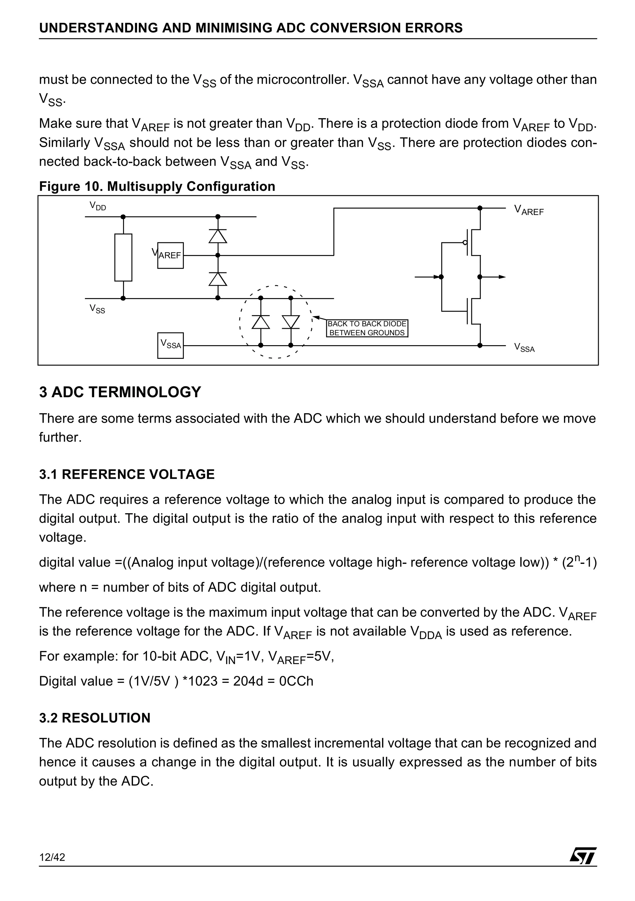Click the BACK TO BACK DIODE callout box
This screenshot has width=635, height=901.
(367, 328)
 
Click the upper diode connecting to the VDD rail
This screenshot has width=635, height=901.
(218, 236)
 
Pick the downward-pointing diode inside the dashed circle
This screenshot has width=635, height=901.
(291, 322)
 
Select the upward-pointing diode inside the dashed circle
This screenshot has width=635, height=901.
(260, 322)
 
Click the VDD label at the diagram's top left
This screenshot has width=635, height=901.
(97, 206)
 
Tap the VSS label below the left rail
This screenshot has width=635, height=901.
(97, 309)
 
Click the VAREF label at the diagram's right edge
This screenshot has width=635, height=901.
(529, 210)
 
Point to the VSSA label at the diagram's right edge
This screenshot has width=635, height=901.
(524, 348)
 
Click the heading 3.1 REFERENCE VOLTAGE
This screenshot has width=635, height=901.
(127, 474)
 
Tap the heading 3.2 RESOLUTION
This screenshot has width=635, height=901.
(95, 718)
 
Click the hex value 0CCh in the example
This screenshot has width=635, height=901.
(296, 681)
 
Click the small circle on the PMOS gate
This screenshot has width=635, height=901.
(465, 243)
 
